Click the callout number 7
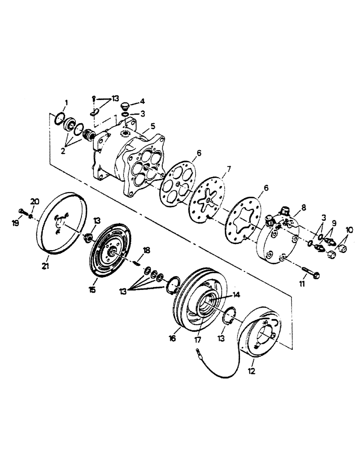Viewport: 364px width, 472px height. [229, 169]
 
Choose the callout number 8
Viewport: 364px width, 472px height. [303, 206]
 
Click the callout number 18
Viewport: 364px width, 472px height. [146, 249]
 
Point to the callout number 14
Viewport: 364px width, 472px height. [234, 294]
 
